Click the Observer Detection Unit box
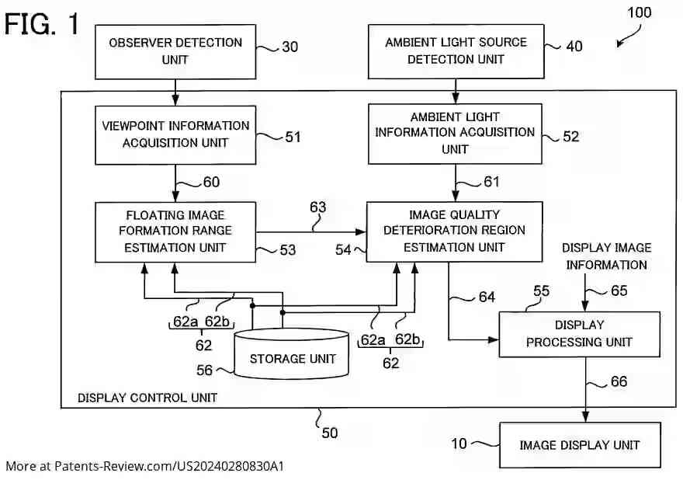pyautogui.click(x=175, y=51)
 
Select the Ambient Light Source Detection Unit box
pyautogui.click(x=456, y=51)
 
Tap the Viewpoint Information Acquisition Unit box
pyautogui.click(x=176, y=134)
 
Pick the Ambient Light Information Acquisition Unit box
pyautogui.click(x=455, y=133)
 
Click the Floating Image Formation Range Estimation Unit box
pyautogui.click(x=175, y=231)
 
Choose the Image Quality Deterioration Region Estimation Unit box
pyautogui.click(x=454, y=231)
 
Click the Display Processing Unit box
pyautogui.click(x=579, y=334)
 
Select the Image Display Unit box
pyautogui.click(x=579, y=445)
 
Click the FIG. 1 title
pyautogui.click(x=43, y=24)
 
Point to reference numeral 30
pyautogui.click(x=289, y=47)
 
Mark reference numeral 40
pyautogui.click(x=574, y=47)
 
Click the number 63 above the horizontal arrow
pyautogui.click(x=317, y=208)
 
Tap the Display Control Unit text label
pyautogui.click(x=147, y=398)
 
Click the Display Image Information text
pyautogui.click(x=606, y=256)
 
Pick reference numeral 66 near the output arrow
pyautogui.click(x=618, y=381)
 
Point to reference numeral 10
pyautogui.click(x=459, y=443)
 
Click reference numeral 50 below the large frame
pyautogui.click(x=330, y=433)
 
